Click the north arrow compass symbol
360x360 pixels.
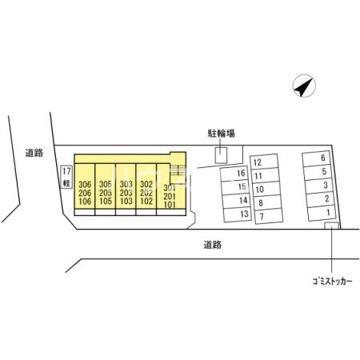304,86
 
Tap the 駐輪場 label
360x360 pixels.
222,134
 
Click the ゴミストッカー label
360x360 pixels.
332,281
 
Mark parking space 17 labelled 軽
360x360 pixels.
66,177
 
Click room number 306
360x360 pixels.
85,184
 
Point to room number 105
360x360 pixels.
106,201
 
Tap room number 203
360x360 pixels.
126,193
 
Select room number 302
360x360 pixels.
146,184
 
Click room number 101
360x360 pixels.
170,205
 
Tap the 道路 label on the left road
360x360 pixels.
34,153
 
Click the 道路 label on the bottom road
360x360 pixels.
213,245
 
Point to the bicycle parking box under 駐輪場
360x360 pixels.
221,155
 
